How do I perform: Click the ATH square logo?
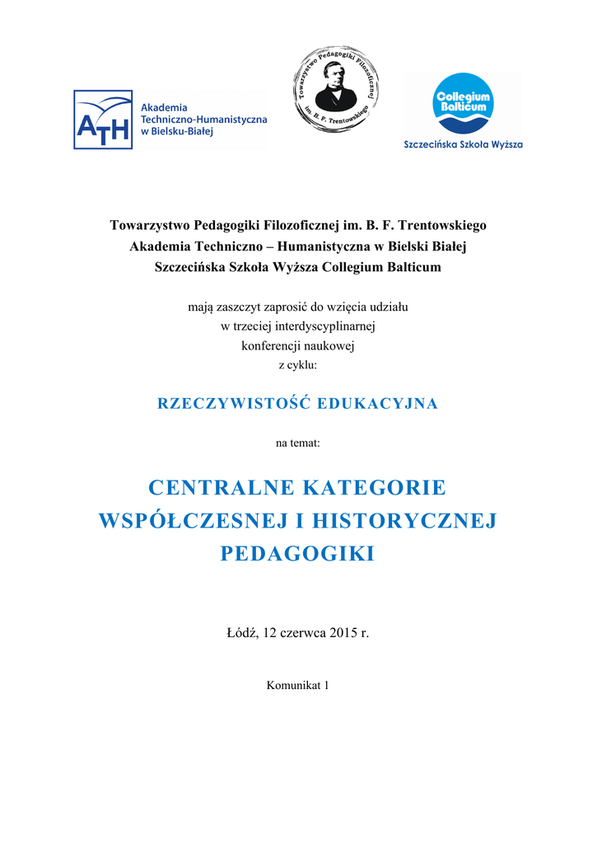pos(103,120)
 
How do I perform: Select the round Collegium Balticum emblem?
pos(463,104)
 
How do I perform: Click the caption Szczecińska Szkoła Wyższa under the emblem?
pos(463,145)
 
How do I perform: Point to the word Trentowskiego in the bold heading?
pos(442,225)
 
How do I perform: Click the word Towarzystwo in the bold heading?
pos(150,225)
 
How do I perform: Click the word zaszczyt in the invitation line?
pos(245,307)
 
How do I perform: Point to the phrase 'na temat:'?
pos(298,443)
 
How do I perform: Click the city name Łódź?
pos(241,634)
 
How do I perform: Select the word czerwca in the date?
pos(304,634)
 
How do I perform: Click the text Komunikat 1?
pos(298,686)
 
